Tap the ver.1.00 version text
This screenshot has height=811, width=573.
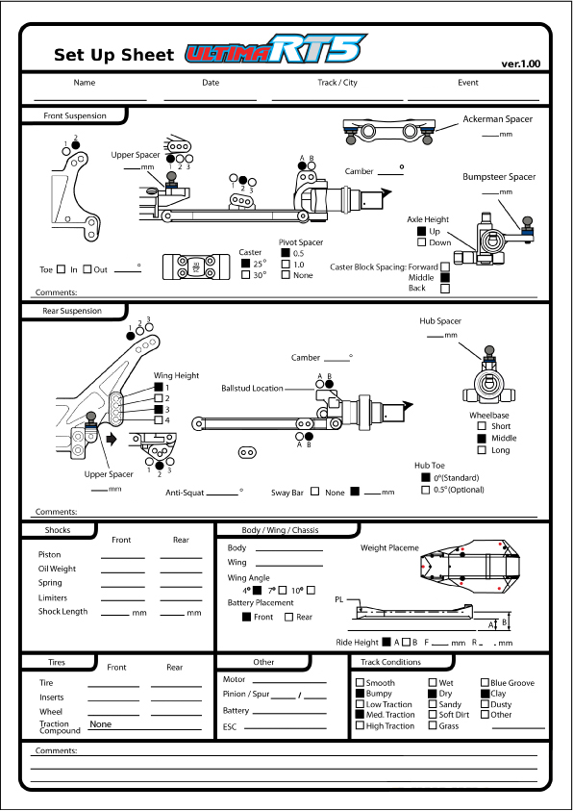click(x=521, y=64)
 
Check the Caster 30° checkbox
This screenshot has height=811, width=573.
click(x=246, y=274)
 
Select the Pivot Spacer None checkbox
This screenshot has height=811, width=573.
click(x=286, y=274)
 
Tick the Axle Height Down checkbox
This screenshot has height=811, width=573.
click(x=422, y=242)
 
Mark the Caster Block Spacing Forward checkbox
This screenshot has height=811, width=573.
click(x=445, y=267)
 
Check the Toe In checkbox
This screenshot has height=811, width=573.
click(x=61, y=269)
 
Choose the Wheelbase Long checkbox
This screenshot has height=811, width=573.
click(x=482, y=450)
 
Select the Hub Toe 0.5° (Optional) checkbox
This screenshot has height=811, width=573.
click(x=426, y=490)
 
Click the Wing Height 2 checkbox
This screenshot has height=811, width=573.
click(x=159, y=397)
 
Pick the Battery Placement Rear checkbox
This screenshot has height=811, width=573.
click(x=288, y=617)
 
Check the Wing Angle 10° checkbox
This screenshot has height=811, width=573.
click(x=311, y=590)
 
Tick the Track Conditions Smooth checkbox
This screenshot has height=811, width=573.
click(x=361, y=683)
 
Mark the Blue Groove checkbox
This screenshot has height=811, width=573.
click(x=486, y=683)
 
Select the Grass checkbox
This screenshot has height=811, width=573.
click(x=433, y=725)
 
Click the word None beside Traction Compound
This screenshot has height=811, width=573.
click(x=101, y=724)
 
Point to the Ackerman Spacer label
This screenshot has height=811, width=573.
click(x=498, y=119)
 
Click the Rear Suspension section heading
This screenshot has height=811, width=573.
click(x=72, y=311)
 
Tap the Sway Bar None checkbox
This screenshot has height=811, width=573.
click(x=314, y=492)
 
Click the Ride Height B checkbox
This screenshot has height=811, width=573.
click(x=406, y=642)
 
